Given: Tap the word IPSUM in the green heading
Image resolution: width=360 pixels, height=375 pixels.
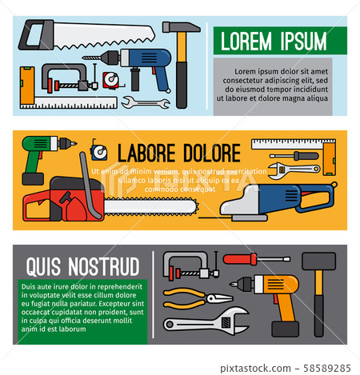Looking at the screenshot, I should coord(298,41).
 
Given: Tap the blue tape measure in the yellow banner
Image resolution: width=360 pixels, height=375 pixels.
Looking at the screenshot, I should coord(99,150).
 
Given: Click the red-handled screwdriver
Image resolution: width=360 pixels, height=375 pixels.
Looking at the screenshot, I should coord(256,259).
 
